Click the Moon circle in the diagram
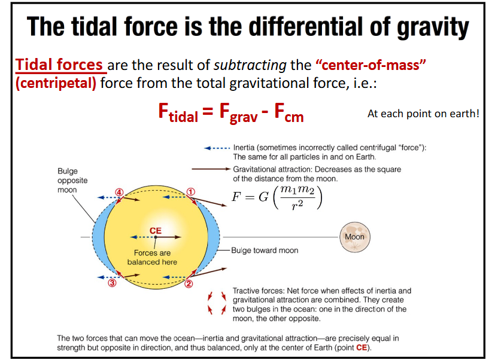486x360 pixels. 354,236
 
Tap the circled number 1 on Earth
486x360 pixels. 191,191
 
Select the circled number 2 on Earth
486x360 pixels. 189,284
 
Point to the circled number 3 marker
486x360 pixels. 112,283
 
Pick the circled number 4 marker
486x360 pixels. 119,192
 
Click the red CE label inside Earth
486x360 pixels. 155,230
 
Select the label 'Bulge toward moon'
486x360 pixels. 265,250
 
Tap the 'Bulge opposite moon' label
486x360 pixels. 72,181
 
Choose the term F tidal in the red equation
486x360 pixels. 178,114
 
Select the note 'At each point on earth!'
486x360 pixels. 423,113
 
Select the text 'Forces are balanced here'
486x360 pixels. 152,258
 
